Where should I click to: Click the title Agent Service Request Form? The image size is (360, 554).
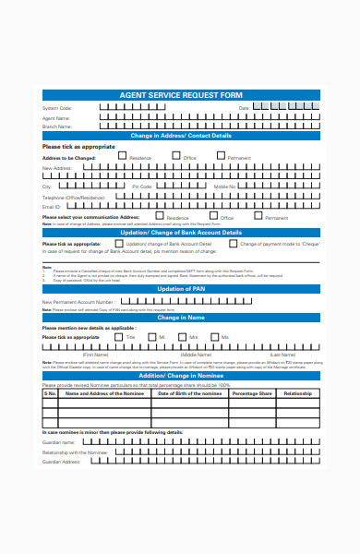click(180, 95)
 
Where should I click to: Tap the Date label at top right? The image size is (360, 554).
click(244, 109)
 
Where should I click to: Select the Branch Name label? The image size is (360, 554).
click(58, 126)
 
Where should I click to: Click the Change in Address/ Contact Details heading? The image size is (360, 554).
click(180, 136)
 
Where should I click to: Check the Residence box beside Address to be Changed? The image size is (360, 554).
click(121, 157)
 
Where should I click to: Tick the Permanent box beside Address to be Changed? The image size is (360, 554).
click(221, 157)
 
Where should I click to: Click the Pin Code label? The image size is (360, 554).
click(141, 187)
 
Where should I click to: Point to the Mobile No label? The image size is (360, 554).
click(225, 187)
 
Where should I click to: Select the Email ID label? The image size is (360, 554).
click(52, 207)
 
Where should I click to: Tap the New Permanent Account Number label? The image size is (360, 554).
click(79, 302)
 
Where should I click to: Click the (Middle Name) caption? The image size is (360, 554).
click(196, 355)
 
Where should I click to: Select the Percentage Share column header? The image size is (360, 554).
click(251, 393)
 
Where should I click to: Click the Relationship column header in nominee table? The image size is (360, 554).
click(297, 393)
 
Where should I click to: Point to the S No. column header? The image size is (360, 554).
click(51, 393)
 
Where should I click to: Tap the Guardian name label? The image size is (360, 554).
click(59, 442)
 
